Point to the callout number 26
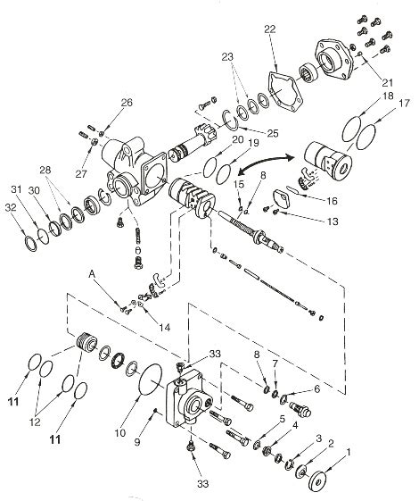pyautogui.click(x=127, y=104)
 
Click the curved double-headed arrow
pyautogui.click(x=268, y=163)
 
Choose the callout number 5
pyautogui.click(x=281, y=418)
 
